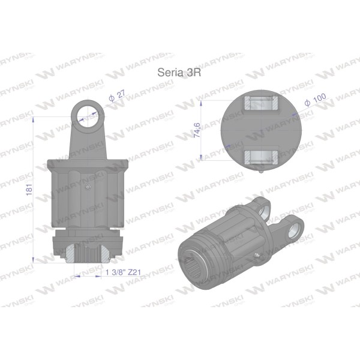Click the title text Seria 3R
pyautogui.click(x=179, y=73)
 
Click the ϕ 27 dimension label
pyautogui.click(x=118, y=96)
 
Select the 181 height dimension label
pyautogui.click(x=29, y=190)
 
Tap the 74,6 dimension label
pyautogui.click(x=197, y=130)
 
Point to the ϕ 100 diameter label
pyautogui.click(x=315, y=100)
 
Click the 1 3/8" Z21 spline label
pyautogui.click(x=123, y=272)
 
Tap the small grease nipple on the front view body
pyautogui.click(x=88, y=187)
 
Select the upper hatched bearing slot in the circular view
pyautogui.click(x=262, y=103)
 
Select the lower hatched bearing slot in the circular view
pyautogui.click(x=261, y=157)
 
